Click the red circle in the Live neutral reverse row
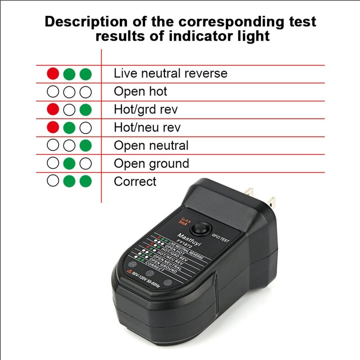pos(53,73)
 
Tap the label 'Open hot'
pos(140,91)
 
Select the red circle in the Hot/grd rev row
pos(53,109)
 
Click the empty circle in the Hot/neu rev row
pos(85,127)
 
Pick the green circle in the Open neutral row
pos(85,145)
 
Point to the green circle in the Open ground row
pos(69,163)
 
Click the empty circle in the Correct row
pos(53,181)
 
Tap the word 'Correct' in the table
pos(135,181)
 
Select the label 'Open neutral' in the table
pos(151,145)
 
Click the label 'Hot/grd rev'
pos(145,109)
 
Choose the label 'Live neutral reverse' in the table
pos(170,73)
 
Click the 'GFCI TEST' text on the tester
pos(220,240)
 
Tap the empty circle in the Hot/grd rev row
pos(69,109)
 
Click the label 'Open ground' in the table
pos(151,163)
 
